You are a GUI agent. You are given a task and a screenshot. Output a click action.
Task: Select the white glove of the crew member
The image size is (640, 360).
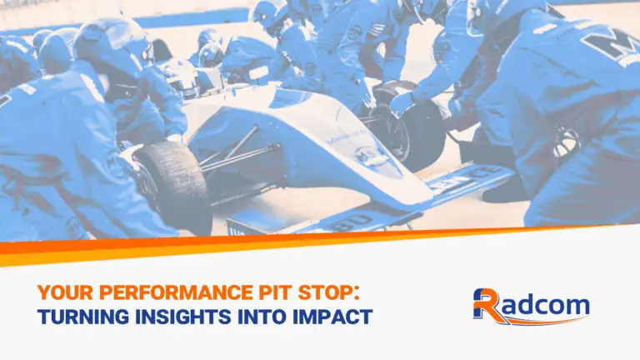(x=402, y=102)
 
